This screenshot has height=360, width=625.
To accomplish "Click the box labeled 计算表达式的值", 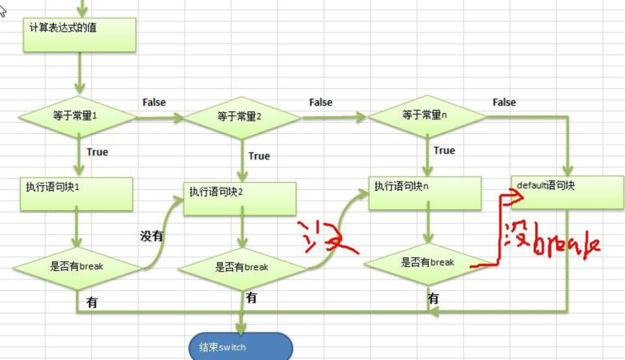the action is pos(79,34).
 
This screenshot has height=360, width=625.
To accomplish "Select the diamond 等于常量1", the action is pos(78,116).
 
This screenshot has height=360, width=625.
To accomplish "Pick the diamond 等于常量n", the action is pos(428,116).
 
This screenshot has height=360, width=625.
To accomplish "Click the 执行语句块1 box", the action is pos(76,193).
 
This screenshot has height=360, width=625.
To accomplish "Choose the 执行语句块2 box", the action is pos(240,199).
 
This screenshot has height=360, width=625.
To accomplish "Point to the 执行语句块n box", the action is pos(425,192).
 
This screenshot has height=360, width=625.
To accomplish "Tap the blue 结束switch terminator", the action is pos(241,347).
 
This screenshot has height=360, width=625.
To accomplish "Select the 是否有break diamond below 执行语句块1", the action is pos(77,266).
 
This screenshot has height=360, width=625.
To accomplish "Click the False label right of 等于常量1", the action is pos(154,103).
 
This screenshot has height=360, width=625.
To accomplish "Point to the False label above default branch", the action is pos(504,103).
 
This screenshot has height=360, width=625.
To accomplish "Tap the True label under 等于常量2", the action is pos(259,156).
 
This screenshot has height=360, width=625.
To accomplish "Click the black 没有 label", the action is pos(151,236).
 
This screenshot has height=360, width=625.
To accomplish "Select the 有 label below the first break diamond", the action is pos(92,303).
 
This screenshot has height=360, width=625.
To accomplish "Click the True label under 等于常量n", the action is pos(444,150).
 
